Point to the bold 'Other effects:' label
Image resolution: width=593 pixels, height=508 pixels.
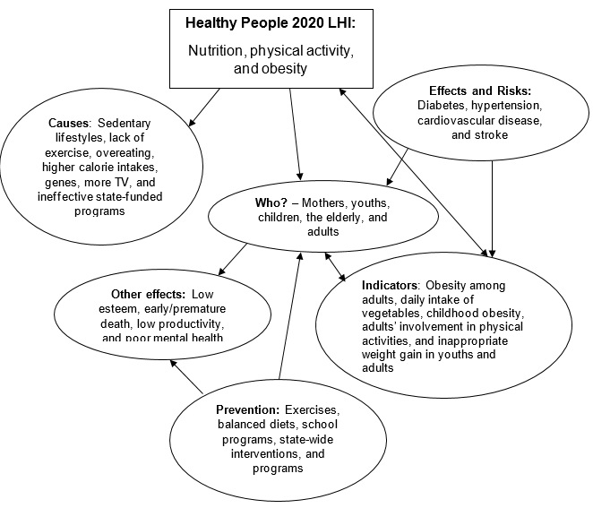coord(148,294)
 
